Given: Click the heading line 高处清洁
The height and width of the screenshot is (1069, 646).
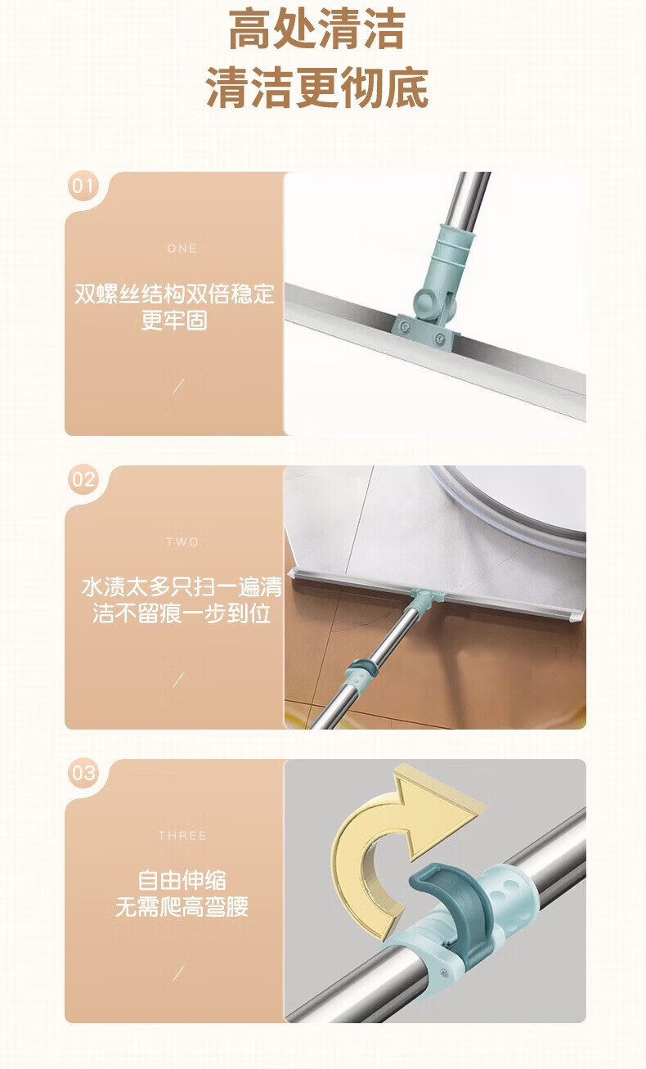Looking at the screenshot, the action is click(x=317, y=29).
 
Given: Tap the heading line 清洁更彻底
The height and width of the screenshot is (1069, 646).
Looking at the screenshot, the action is click(x=317, y=88).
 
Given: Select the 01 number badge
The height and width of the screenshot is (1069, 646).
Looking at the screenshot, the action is click(x=83, y=186).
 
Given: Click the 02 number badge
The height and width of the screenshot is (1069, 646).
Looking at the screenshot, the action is click(x=83, y=479).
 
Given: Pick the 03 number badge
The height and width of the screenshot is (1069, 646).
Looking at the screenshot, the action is click(x=83, y=773).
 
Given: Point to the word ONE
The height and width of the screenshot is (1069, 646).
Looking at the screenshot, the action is click(x=182, y=248).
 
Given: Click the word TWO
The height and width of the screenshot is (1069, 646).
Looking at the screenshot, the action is click(x=182, y=542).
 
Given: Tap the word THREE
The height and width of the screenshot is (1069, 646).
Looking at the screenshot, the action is click(x=182, y=836).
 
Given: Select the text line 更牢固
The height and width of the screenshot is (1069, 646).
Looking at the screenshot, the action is click(x=174, y=320).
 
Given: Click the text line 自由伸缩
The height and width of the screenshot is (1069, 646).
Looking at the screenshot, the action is click(x=182, y=881).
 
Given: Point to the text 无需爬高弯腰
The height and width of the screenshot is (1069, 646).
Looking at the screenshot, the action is click(x=182, y=907).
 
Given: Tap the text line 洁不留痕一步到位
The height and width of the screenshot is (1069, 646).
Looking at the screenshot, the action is click(x=182, y=613).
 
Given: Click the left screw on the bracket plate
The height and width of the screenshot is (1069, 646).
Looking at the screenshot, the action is click(x=405, y=327).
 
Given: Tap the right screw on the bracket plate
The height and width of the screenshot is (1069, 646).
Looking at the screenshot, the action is click(x=439, y=339).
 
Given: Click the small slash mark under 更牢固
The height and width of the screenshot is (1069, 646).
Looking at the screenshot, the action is click(x=178, y=385).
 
